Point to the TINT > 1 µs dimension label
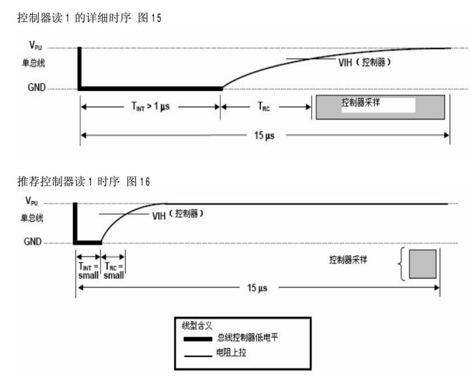150,106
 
